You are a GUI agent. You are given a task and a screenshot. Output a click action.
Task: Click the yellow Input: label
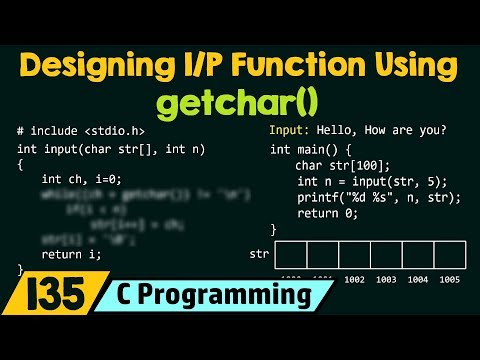[x=289, y=130]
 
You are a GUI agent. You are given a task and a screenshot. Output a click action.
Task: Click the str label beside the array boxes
[x=258, y=254]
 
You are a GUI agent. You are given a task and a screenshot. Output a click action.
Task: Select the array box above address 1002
[x=355, y=254]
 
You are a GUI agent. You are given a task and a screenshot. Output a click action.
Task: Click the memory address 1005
[x=448, y=280]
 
